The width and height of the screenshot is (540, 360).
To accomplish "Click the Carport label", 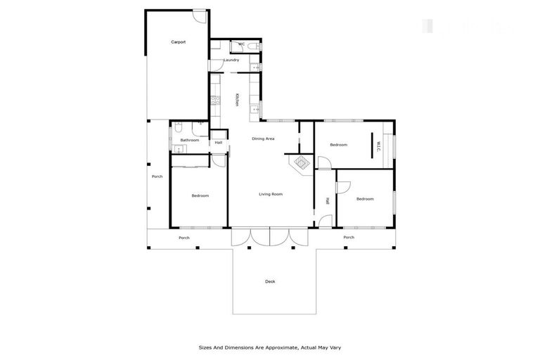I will [x=179, y=42].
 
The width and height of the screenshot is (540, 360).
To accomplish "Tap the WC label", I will [x=240, y=44].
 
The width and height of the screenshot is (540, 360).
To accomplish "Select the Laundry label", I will [x=231, y=60].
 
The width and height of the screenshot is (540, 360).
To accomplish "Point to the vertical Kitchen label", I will [x=237, y=100].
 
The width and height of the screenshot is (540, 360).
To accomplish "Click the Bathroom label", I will [x=190, y=140].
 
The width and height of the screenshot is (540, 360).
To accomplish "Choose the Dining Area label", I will [x=263, y=139].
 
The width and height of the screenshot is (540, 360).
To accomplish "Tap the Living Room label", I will [x=271, y=194].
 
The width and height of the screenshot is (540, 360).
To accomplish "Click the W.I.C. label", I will [x=378, y=146].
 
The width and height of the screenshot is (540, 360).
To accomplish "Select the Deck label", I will [x=270, y=281].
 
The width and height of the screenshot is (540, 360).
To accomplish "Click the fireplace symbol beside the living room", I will [x=301, y=164].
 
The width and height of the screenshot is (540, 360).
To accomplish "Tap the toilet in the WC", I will [x=252, y=44].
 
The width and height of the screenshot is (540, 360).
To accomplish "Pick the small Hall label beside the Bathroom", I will [x=219, y=143].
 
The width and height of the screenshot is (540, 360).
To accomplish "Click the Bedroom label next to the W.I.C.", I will [x=339, y=145].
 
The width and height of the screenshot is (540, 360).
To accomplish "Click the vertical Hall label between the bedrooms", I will [x=328, y=200].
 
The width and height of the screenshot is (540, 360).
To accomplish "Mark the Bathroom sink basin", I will [x=176, y=148].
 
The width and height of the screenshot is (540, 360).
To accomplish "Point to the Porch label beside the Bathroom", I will [x=157, y=176].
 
